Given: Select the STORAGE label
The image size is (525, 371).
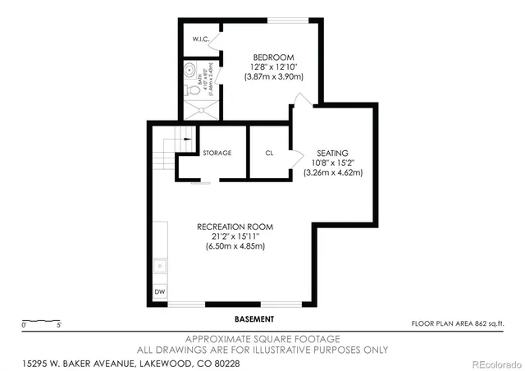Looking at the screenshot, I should [x=217, y=153].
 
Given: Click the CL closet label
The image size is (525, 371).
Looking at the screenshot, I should [x=269, y=153].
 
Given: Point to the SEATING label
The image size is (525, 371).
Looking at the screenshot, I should [x=333, y=153].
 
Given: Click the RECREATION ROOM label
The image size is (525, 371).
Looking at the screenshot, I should [x=235, y=226].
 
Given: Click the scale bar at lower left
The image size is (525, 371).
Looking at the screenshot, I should [x=40, y=321].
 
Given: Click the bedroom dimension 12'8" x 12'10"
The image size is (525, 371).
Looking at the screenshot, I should [x=274, y=67].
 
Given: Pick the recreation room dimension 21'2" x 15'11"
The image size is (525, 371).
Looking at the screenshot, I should [x=235, y=236].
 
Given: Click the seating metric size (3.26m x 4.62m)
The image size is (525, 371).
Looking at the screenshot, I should [x=333, y=172].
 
